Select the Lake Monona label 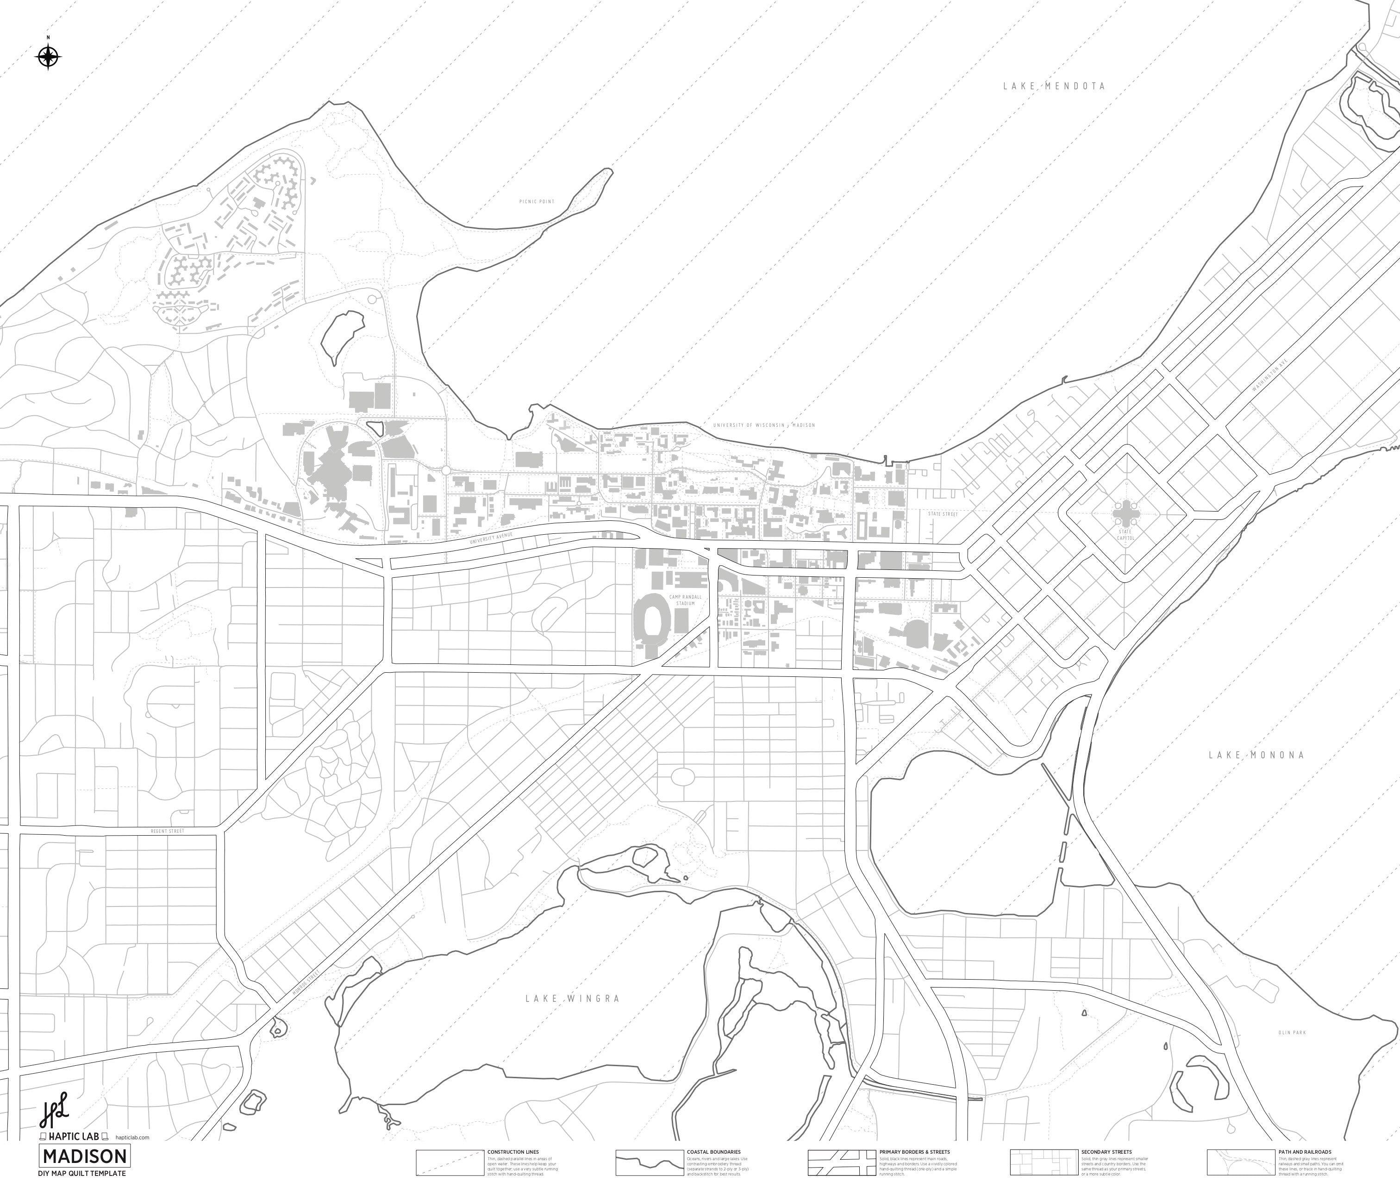pos(1256,755)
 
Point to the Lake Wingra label pos(572,999)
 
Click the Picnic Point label pos(537,201)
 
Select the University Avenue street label pos(491,538)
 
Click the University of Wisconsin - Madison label pos(763,425)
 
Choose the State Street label pos(943,514)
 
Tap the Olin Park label pos(1292,1032)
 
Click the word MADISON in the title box pos(84,1156)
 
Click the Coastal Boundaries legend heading pos(713,1152)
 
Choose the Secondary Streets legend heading pos(1106,1152)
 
